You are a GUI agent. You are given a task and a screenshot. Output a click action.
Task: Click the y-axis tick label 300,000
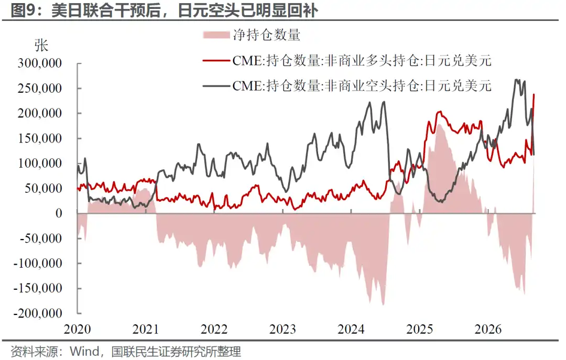click(40, 63)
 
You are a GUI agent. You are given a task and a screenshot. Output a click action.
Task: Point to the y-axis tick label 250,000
click(40, 89)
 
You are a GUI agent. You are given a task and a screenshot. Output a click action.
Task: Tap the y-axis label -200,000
click(38, 313)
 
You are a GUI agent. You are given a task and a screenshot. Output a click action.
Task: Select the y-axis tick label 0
click(59, 213)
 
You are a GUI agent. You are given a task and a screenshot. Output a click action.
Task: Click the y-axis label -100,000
click(38, 263)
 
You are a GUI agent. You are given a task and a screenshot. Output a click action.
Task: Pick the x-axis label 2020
click(77, 329)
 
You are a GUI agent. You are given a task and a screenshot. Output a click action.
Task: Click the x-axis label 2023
click(282, 329)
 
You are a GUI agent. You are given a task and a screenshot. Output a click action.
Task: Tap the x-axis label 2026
click(488, 329)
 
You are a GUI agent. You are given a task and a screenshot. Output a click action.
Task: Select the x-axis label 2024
click(351, 329)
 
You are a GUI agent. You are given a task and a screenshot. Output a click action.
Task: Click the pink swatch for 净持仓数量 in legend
click(216, 35)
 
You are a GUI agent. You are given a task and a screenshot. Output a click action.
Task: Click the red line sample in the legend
click(216, 61)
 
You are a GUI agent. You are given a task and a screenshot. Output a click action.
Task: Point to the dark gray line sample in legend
click(216, 86)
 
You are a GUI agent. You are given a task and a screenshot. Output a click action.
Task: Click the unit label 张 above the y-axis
click(41, 46)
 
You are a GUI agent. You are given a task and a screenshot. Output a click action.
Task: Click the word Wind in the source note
click(84, 351)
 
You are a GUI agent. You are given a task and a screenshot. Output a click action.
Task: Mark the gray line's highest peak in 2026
click(517, 80)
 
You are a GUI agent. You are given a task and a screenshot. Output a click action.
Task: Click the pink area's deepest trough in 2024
click(383, 305)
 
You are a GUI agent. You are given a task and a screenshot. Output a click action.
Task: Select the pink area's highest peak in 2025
click(440, 125)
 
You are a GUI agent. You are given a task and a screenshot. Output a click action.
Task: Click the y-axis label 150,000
click(40, 138)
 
